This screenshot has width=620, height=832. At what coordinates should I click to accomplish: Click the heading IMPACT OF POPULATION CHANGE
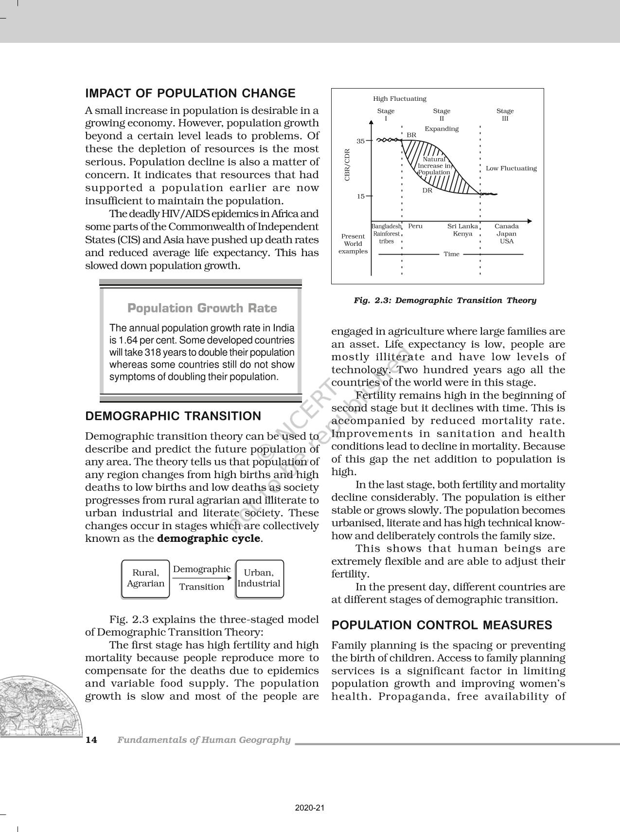pyautogui.click(x=190, y=93)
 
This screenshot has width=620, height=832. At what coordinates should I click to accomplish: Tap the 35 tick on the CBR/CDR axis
pyautogui.click(x=361, y=141)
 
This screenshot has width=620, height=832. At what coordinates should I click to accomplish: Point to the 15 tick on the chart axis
pyautogui.click(x=361, y=196)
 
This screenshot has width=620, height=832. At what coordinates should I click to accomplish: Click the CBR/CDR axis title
pyautogui.click(x=347, y=165)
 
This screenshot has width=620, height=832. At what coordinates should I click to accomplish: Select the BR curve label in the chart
pyautogui.click(x=411, y=135)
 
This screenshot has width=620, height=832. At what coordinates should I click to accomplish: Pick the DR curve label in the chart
pyautogui.click(x=427, y=190)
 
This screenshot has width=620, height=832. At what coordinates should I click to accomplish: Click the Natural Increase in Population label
pyautogui.click(x=434, y=166)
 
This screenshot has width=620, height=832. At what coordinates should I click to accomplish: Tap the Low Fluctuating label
pyautogui.click(x=511, y=168)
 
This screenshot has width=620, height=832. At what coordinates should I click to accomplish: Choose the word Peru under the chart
pyautogui.click(x=415, y=226)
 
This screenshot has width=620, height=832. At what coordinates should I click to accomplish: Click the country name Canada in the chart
pyautogui.click(x=506, y=226)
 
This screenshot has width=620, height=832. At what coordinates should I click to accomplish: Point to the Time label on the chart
pyautogui.click(x=451, y=254)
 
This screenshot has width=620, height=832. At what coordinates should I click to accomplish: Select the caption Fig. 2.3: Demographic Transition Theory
pyautogui.click(x=444, y=300)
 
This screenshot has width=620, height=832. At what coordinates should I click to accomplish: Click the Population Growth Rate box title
pyautogui.click(x=202, y=308)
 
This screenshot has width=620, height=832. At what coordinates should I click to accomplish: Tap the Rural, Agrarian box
pyautogui.click(x=145, y=578)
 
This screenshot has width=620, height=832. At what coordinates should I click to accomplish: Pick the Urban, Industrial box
pyautogui.click(x=259, y=578)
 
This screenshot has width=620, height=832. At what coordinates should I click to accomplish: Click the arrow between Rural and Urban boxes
pyautogui.click(x=202, y=578)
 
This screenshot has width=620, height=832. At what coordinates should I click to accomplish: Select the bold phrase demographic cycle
pyautogui.click(x=209, y=538)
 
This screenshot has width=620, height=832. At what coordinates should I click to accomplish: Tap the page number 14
pyautogui.click(x=91, y=740)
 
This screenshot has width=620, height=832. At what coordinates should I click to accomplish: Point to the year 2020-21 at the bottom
pyautogui.click(x=310, y=808)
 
